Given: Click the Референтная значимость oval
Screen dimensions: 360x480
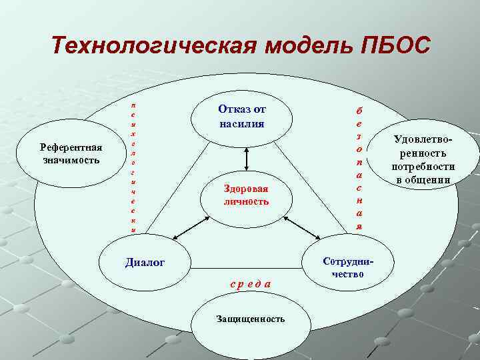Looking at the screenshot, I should click(x=71, y=154).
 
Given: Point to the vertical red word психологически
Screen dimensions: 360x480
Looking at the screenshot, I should click(x=133, y=167).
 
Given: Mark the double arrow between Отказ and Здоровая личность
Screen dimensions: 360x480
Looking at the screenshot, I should click(x=247, y=157).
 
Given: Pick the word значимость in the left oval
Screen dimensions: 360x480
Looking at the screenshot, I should click(x=71, y=160).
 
